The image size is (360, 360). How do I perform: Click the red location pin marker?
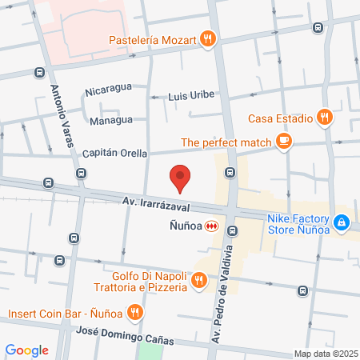181,178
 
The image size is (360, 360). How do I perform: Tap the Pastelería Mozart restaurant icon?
208,37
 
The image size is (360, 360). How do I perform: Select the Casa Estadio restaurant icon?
324,117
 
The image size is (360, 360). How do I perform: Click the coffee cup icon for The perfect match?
283,142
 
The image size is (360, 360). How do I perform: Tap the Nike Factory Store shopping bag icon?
342,222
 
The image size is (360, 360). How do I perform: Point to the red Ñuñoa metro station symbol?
212,226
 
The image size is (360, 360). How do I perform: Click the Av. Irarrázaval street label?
155,206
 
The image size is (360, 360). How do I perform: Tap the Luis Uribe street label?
191,95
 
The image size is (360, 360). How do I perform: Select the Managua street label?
110,121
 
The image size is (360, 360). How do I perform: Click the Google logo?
26,350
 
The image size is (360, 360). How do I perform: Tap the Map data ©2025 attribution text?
326,354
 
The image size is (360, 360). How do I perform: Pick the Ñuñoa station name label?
184,226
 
